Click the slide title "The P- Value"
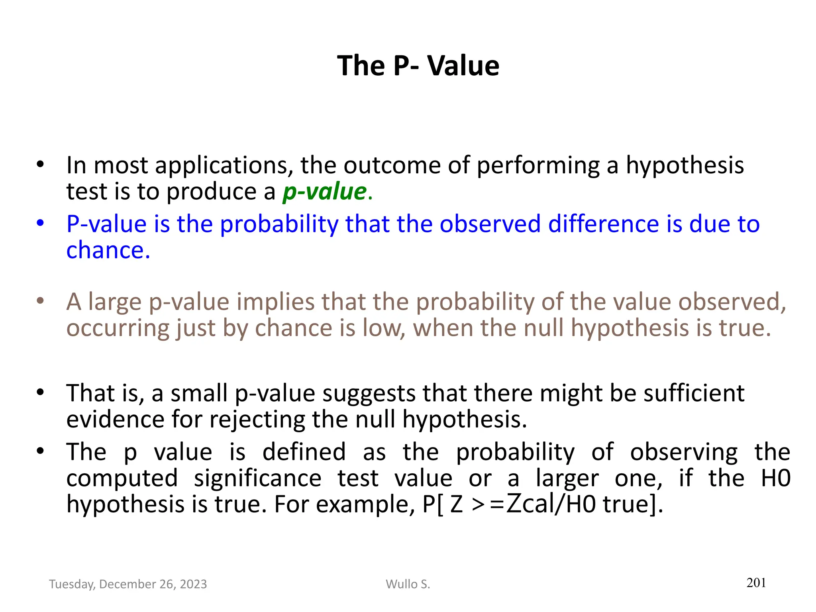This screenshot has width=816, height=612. tap(418, 66)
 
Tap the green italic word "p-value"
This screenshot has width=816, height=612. tap(324, 192)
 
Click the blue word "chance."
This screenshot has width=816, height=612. tap(108, 250)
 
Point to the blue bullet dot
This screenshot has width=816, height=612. tap(40, 223)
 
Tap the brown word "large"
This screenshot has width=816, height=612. tap(115, 302)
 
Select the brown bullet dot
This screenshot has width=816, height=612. tap(40, 301)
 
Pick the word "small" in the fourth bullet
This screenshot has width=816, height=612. tap(199, 393)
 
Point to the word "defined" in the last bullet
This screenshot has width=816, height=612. tap(304, 452)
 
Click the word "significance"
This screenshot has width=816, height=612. tap(257, 479)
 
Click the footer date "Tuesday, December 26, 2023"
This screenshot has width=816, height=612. tap(128, 584)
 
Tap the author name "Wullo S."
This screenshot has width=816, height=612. tap(408, 584)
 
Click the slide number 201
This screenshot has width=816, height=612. tap(756, 583)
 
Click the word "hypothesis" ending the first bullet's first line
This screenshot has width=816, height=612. tap(685, 165)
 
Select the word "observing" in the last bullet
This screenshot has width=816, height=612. tap(684, 452)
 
